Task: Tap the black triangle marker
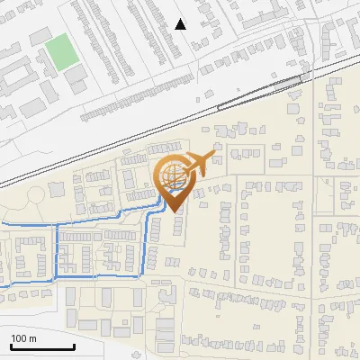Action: (181, 24)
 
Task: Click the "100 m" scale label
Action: (23, 338)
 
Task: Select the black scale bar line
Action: (42, 347)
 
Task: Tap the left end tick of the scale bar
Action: (11, 345)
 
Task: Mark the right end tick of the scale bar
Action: (74, 345)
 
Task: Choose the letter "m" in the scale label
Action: (32, 338)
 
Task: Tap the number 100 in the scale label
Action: (19, 338)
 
